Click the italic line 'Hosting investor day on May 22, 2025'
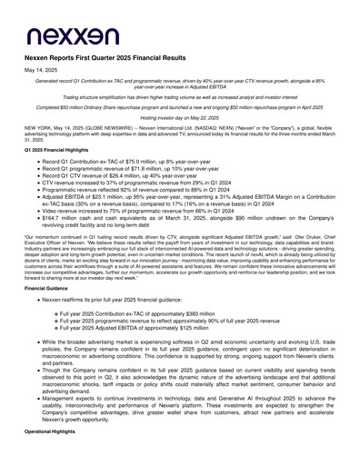[180, 118]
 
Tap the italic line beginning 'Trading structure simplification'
[180, 95]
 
